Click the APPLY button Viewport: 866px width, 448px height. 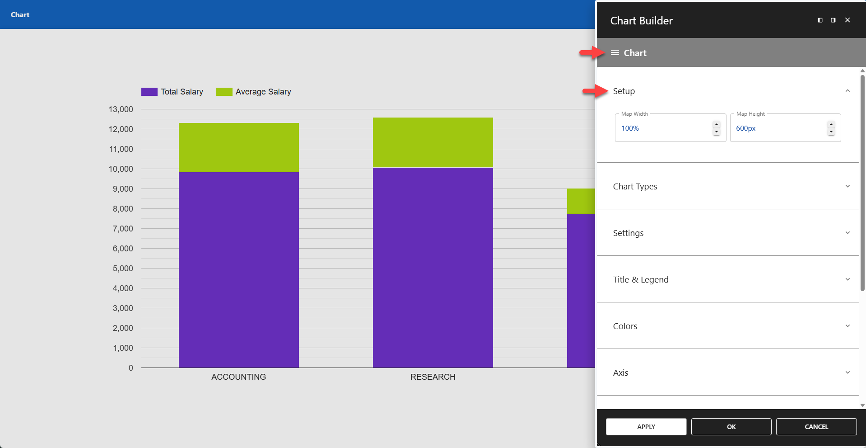[x=646, y=427]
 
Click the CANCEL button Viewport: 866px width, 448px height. [x=816, y=427]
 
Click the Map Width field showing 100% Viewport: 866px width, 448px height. [x=664, y=128]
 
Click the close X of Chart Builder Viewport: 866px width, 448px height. [x=847, y=20]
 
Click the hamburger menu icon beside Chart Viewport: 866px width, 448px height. [x=615, y=53]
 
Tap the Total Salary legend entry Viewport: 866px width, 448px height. [x=173, y=92]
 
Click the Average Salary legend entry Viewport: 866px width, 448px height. [x=254, y=92]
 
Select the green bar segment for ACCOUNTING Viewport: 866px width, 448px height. [x=238, y=147]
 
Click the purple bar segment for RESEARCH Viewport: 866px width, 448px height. [x=433, y=267]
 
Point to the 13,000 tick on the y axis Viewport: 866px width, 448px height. [x=121, y=109]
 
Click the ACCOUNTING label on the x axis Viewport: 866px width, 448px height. [x=238, y=377]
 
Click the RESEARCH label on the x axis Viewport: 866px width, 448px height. [x=433, y=377]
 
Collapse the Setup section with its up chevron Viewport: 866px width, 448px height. [x=847, y=91]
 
